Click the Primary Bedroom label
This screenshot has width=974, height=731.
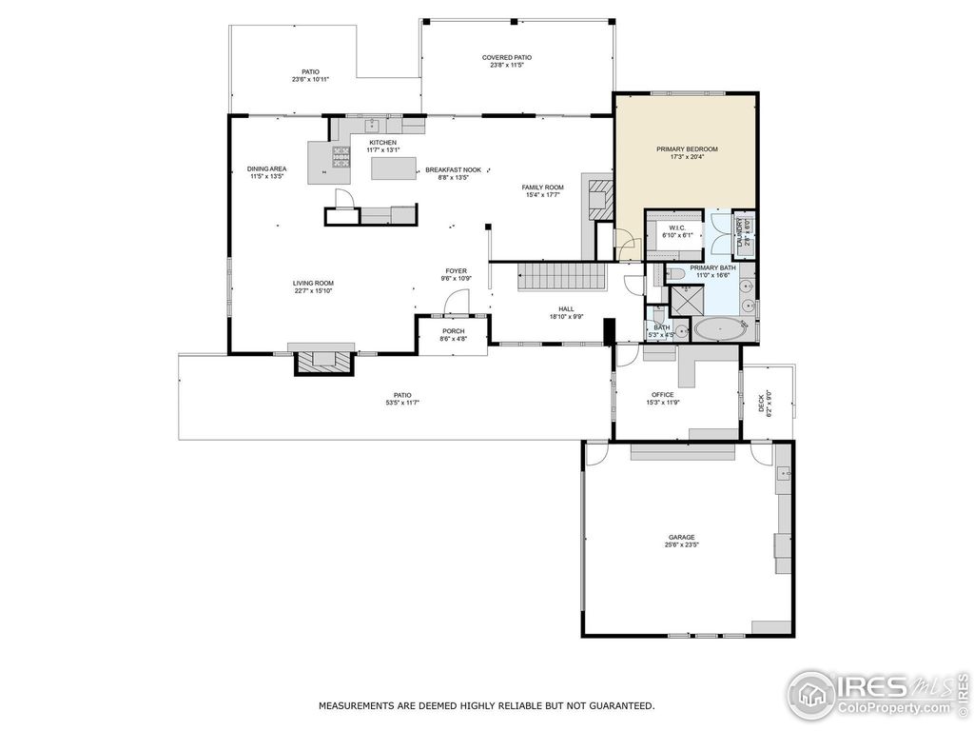(x=687, y=149)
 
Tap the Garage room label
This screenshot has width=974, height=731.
(x=681, y=537)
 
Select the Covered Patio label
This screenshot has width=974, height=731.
(x=506, y=58)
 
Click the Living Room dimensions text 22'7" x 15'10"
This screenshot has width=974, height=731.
(x=313, y=291)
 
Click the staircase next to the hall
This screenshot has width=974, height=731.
(x=561, y=278)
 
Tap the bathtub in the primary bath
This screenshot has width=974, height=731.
(x=721, y=329)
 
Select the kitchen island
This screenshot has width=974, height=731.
(x=394, y=168)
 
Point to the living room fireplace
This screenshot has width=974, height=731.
(x=323, y=361)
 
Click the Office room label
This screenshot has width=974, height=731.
(x=662, y=394)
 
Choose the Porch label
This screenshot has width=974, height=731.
(x=452, y=331)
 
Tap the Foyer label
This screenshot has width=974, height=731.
(x=456, y=270)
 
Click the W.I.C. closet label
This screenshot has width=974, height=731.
(x=677, y=227)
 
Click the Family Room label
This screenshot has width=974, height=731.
(x=543, y=187)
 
